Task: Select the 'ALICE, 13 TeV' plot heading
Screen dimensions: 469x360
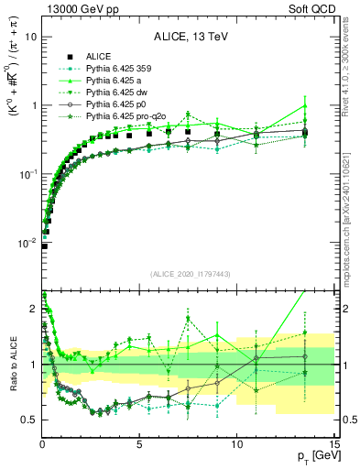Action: [x=191, y=37]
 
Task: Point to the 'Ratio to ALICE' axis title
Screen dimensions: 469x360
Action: [x=10, y=365]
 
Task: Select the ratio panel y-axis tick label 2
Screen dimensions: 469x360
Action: [x=33, y=310]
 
